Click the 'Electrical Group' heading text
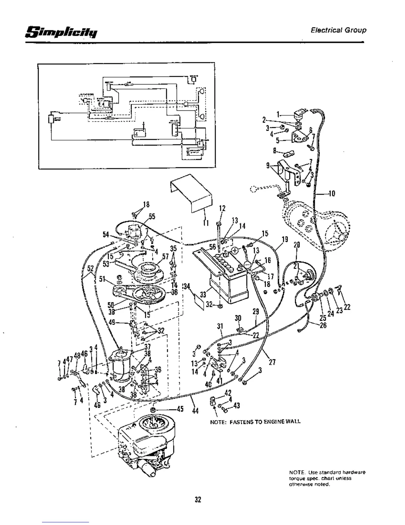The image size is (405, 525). pos(338,30)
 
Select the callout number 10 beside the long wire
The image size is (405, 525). pos(332,193)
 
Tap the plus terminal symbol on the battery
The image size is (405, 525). pos(235,250)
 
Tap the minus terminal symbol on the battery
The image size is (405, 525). pos(247,264)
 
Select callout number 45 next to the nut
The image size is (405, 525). pos(180,409)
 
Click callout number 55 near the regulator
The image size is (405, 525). pos(152,216)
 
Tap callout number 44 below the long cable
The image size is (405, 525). pos(195,411)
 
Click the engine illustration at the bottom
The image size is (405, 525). pos(146,444)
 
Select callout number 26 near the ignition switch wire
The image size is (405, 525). pos(323,325)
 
